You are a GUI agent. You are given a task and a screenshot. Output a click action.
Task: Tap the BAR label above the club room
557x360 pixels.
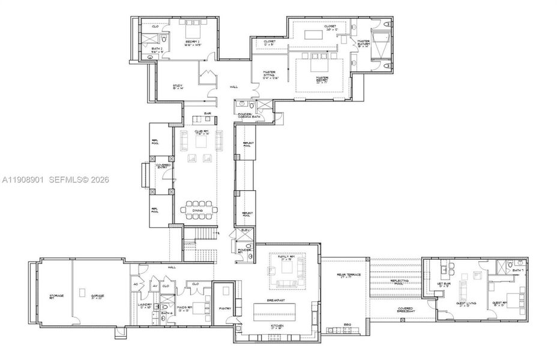[x=207, y=113]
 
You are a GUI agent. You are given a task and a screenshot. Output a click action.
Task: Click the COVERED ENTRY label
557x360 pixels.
[x=163, y=166]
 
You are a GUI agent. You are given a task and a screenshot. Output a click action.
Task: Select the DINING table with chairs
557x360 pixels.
[x=198, y=210]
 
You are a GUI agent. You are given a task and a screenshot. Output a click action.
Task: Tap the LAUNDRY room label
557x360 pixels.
[x=145, y=306]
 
